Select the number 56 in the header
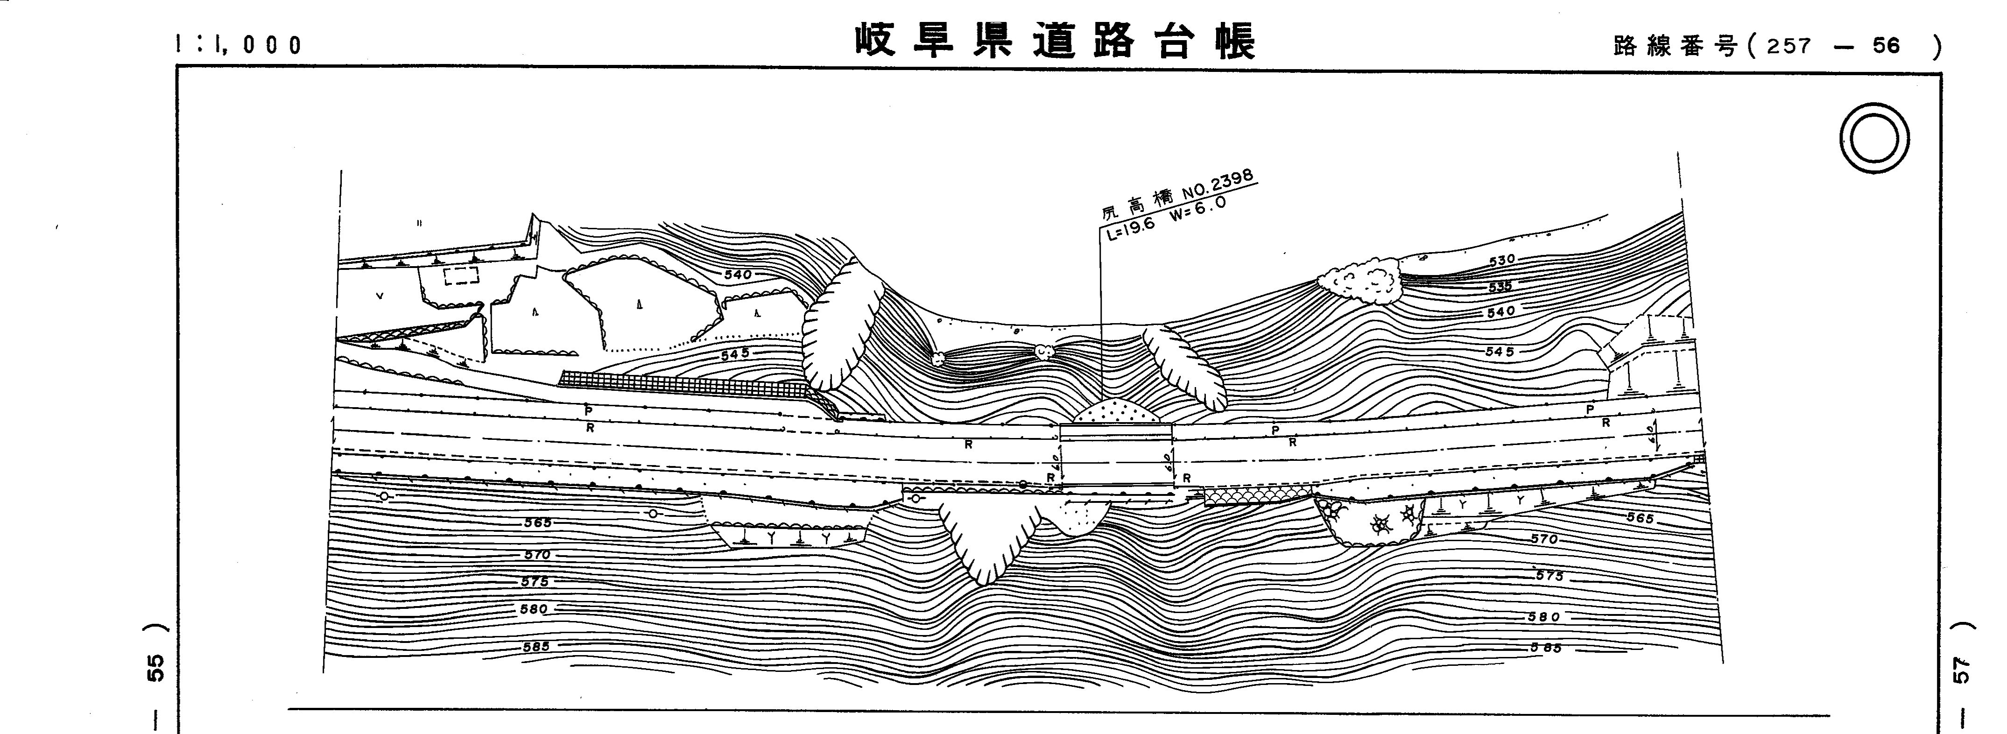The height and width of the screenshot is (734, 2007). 1887,47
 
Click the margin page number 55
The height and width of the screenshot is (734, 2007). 156,668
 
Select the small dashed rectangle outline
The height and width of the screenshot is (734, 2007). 461,276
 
